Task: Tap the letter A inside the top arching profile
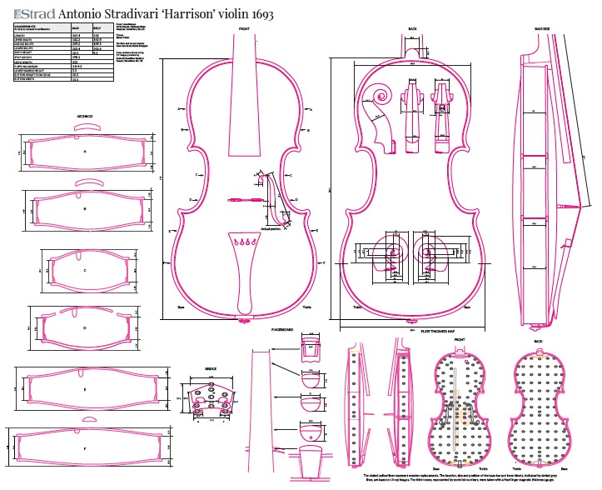coord(85,152)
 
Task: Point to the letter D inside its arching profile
coord(85,328)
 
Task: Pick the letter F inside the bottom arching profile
coord(85,449)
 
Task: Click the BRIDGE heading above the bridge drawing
coord(211,367)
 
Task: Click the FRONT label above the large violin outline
coord(245,29)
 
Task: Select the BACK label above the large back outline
coord(412,29)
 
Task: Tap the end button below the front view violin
coord(245,319)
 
